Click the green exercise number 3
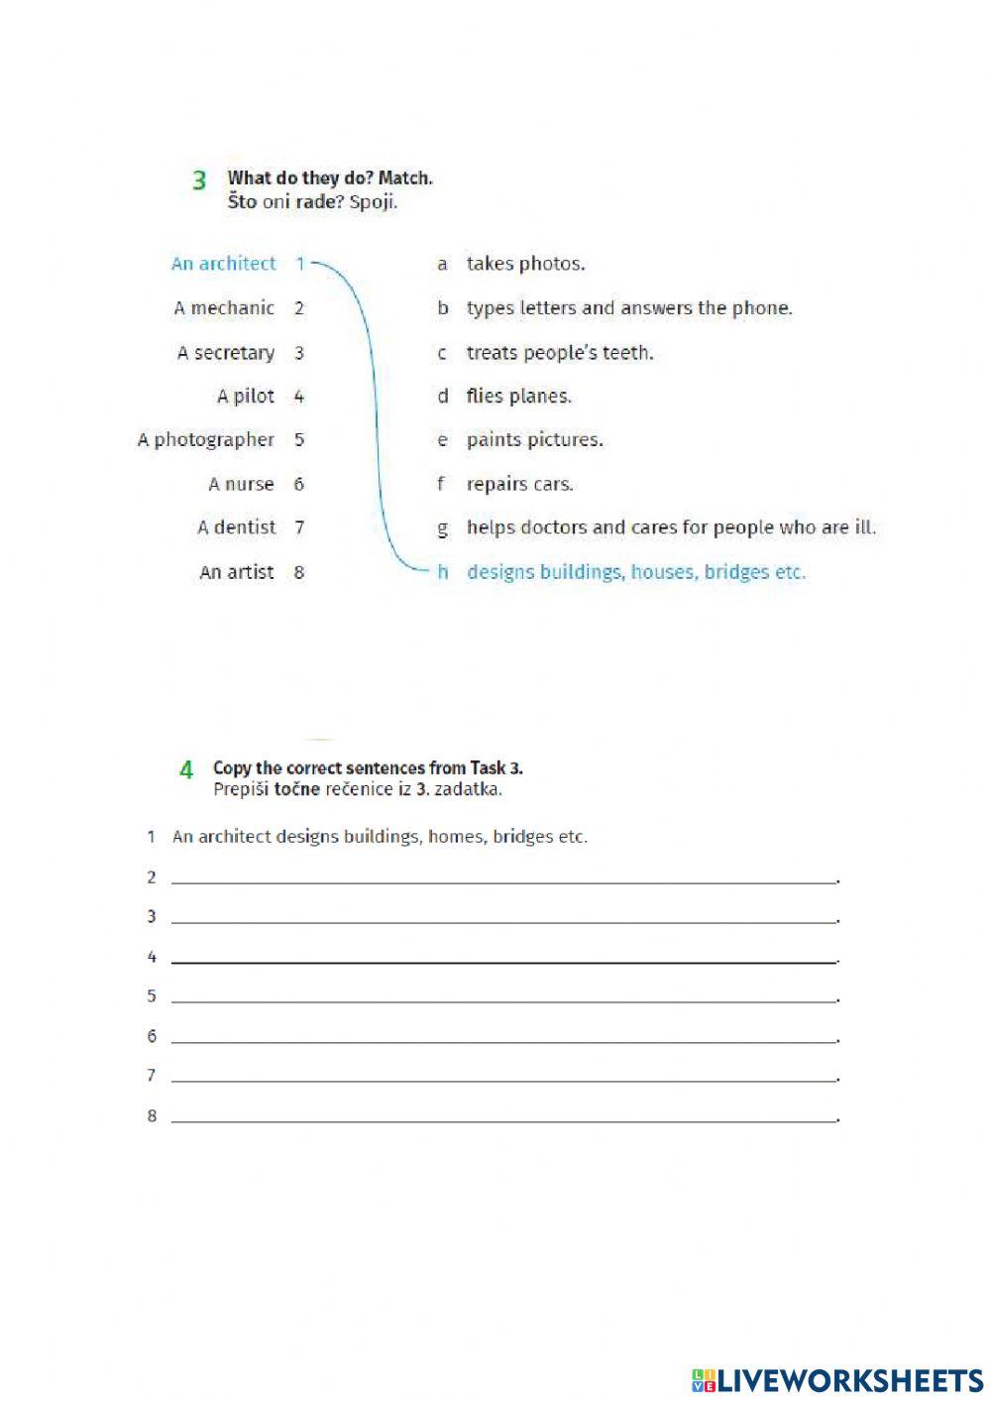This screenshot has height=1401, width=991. pos(199,180)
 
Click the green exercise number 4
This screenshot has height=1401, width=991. pos(186,769)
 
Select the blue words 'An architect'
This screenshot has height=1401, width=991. pos(223,264)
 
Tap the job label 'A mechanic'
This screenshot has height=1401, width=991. pos(224,308)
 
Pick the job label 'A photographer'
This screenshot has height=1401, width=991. pos(205,440)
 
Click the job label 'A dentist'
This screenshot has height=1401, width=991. pos(236,527)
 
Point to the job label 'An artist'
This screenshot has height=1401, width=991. pos(236,572)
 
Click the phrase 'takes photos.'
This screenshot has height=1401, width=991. pos(525,264)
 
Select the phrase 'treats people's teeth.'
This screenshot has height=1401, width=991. pos(560,353)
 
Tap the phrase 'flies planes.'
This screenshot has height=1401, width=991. pos(518,397)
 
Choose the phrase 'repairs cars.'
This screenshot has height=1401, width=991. pos(519,484)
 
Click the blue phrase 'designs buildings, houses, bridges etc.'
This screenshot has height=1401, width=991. pos(635,572)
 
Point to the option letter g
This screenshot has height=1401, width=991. pos(442,528)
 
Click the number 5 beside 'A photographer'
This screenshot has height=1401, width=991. pos(299,440)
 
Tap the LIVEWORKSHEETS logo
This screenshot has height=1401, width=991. pos(836,1379)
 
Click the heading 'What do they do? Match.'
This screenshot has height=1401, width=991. pos(329,178)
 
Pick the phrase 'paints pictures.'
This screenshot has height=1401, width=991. pos(534,440)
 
